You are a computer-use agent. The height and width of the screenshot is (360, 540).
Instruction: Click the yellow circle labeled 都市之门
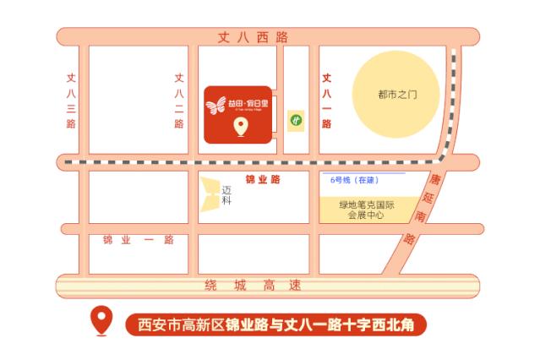click(397, 95)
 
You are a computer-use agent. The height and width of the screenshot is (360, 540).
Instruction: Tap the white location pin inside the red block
click(240, 128)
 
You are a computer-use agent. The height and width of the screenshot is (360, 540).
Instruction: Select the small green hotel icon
click(296, 119)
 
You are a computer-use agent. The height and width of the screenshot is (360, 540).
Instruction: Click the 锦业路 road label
click(262, 180)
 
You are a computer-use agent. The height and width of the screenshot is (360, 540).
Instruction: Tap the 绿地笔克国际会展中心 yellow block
click(367, 210)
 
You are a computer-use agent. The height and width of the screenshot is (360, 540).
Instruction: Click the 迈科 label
click(226, 195)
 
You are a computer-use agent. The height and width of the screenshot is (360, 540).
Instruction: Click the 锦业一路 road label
click(138, 240)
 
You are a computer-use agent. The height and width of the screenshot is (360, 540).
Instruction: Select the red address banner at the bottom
click(275, 324)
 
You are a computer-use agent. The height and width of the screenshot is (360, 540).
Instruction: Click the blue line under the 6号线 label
click(363, 173)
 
